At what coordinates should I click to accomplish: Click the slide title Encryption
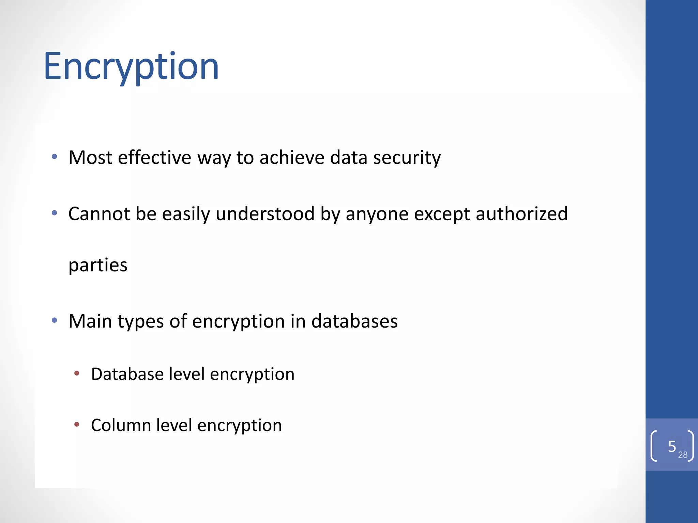(131, 66)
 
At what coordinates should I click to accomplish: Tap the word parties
(98, 265)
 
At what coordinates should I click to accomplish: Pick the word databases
(354, 321)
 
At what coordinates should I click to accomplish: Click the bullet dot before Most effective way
(54, 157)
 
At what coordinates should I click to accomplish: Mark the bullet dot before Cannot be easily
(54, 213)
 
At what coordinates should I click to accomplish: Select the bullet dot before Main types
(54, 320)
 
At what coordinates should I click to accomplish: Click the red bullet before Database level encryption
(77, 374)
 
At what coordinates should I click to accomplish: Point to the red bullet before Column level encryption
(77, 425)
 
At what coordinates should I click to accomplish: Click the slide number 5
(672, 446)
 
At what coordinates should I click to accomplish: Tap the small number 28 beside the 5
(683, 455)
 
